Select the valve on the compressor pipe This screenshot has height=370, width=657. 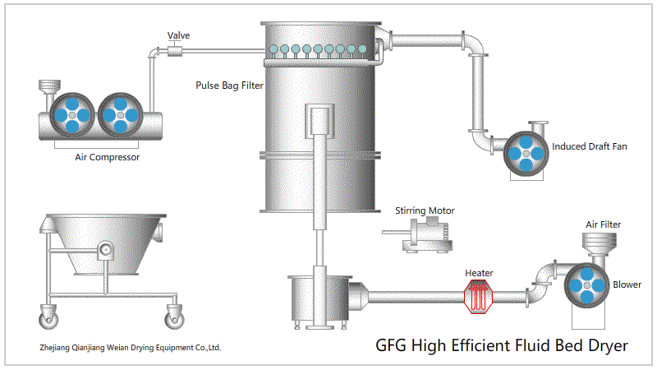174,52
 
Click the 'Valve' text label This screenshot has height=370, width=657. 179,35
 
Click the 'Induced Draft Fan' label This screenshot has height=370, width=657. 590,147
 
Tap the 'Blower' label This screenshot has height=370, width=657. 627,284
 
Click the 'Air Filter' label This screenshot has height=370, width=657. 603,224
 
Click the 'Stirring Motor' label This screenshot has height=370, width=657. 425,210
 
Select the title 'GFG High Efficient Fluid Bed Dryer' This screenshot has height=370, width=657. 502,345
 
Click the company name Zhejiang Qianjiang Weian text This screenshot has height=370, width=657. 131,347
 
